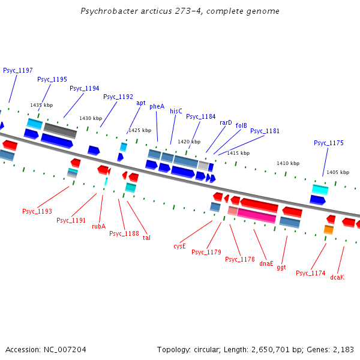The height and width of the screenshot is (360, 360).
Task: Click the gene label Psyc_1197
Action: pyautogui.click(x=18, y=70)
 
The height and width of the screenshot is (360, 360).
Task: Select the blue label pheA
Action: pyautogui.click(x=157, y=106)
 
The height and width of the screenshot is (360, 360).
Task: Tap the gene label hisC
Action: pyautogui.click(x=176, y=111)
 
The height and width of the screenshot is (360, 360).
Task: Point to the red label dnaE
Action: pyautogui.click(x=266, y=263)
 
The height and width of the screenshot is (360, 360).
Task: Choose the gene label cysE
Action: pyautogui.click(x=180, y=246)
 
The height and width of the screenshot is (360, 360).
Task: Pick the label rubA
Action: pyautogui.click(x=98, y=226)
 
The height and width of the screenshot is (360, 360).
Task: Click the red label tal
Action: pyautogui.click(x=146, y=238)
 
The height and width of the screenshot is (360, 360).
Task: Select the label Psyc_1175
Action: pyautogui.click(x=329, y=143)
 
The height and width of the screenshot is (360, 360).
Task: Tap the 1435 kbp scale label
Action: pyautogui.click(x=41, y=105)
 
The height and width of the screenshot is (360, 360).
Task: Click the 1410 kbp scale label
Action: pyautogui.click(x=287, y=163)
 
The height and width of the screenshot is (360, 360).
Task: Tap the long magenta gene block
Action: pyautogui.click(x=256, y=215)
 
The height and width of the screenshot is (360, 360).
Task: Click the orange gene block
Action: pyautogui.click(x=329, y=229)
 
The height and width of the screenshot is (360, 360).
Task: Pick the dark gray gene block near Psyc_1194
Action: pyautogui.click(x=59, y=128)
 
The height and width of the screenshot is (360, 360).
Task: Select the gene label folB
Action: pyautogui.click(x=241, y=125)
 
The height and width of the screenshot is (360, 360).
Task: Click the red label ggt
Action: pyautogui.click(x=281, y=268)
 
